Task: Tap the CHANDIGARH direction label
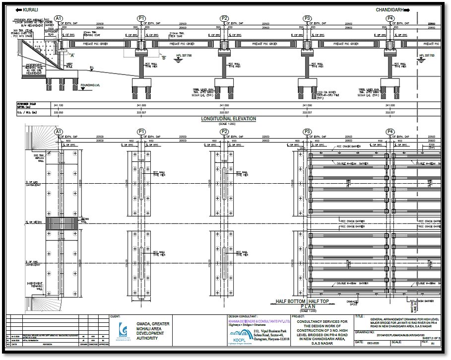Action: [391, 10]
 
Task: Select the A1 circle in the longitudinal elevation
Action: [59, 19]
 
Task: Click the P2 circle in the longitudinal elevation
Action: [224, 19]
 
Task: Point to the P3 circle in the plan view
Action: [308, 132]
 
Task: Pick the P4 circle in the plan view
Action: [390, 132]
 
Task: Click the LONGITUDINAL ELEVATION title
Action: [228, 119]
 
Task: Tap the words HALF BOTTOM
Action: [292, 301]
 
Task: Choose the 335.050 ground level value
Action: [59, 113]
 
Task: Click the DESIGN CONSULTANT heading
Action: [243, 316]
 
